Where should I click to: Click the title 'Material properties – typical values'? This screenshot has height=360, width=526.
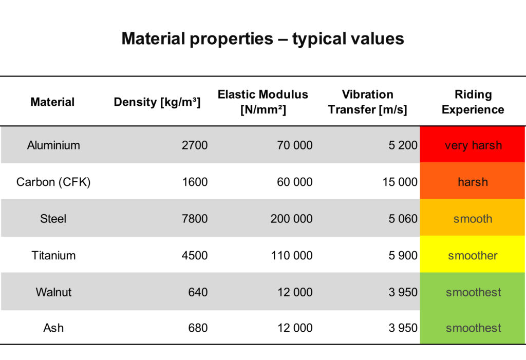(262, 39)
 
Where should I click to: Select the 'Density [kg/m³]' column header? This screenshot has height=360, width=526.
(157, 102)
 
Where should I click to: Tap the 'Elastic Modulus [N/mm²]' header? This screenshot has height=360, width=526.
(263, 102)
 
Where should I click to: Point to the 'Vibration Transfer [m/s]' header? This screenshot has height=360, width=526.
(368, 102)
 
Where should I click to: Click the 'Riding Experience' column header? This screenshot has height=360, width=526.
(473, 102)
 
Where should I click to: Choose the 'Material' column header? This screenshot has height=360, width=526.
(52, 102)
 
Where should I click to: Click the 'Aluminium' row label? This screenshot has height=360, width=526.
(53, 145)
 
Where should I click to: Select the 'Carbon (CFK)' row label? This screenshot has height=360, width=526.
(53, 182)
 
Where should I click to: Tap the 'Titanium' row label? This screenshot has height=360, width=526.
(53, 255)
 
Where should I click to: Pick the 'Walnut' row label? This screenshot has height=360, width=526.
(53, 292)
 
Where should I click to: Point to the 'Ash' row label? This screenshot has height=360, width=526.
(53, 328)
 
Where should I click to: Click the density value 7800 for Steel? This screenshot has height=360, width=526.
(195, 219)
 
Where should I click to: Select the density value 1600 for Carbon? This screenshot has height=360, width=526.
(195, 182)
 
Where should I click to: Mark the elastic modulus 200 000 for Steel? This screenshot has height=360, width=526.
(291, 219)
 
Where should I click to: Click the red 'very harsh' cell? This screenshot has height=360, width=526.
(473, 145)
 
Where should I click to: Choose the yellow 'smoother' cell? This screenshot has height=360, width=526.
(473, 255)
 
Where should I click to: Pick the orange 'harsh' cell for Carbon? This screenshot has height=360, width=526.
(473, 182)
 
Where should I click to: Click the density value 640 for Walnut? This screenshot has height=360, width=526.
(198, 292)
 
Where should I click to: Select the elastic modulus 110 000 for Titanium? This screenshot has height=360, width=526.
(291, 255)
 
